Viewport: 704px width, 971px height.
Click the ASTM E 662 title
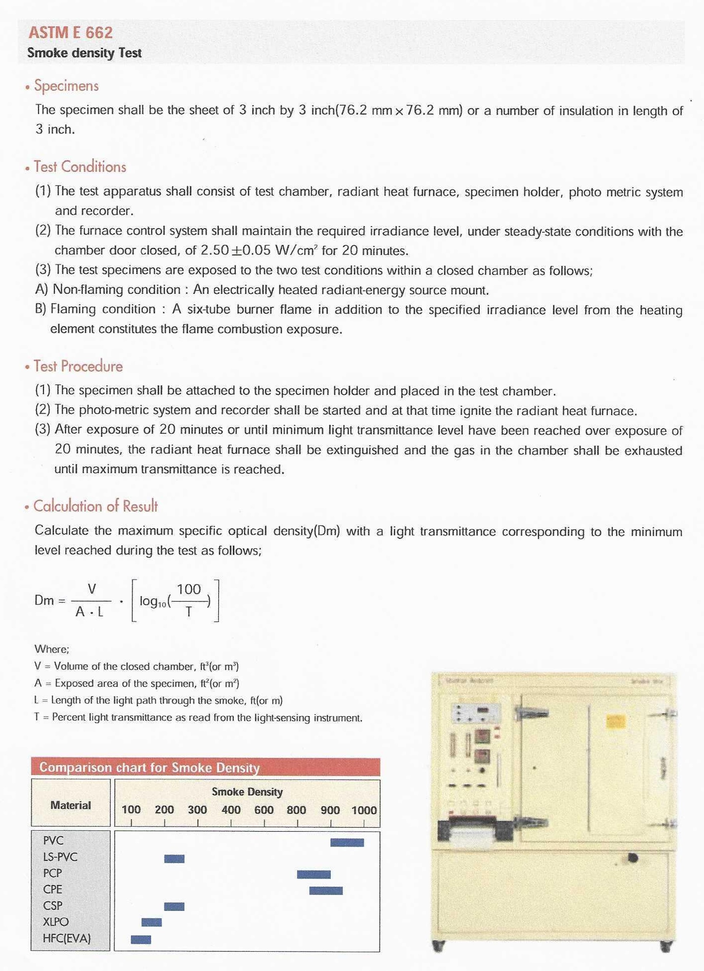click(71, 33)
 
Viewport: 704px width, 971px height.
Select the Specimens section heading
click(66, 86)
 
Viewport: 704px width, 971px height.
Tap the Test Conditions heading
click(80, 167)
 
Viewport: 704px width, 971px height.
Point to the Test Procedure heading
click(78, 366)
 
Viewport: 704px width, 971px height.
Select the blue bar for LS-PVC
click(174, 858)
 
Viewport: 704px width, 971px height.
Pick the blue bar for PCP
click(314, 874)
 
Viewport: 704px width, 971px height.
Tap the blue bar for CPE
click(326, 891)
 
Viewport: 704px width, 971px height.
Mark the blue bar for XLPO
click(151, 922)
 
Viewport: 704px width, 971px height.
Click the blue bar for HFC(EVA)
click(141, 940)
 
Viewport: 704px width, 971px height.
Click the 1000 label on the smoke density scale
click(364, 810)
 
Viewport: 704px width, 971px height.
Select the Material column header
click(71, 805)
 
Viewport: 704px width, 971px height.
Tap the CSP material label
click(53, 906)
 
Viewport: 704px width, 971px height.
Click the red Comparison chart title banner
click(205, 767)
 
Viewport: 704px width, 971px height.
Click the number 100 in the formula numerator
click(189, 590)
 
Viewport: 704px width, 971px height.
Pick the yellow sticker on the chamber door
click(616, 722)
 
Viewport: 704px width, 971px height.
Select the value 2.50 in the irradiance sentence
click(214, 250)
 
